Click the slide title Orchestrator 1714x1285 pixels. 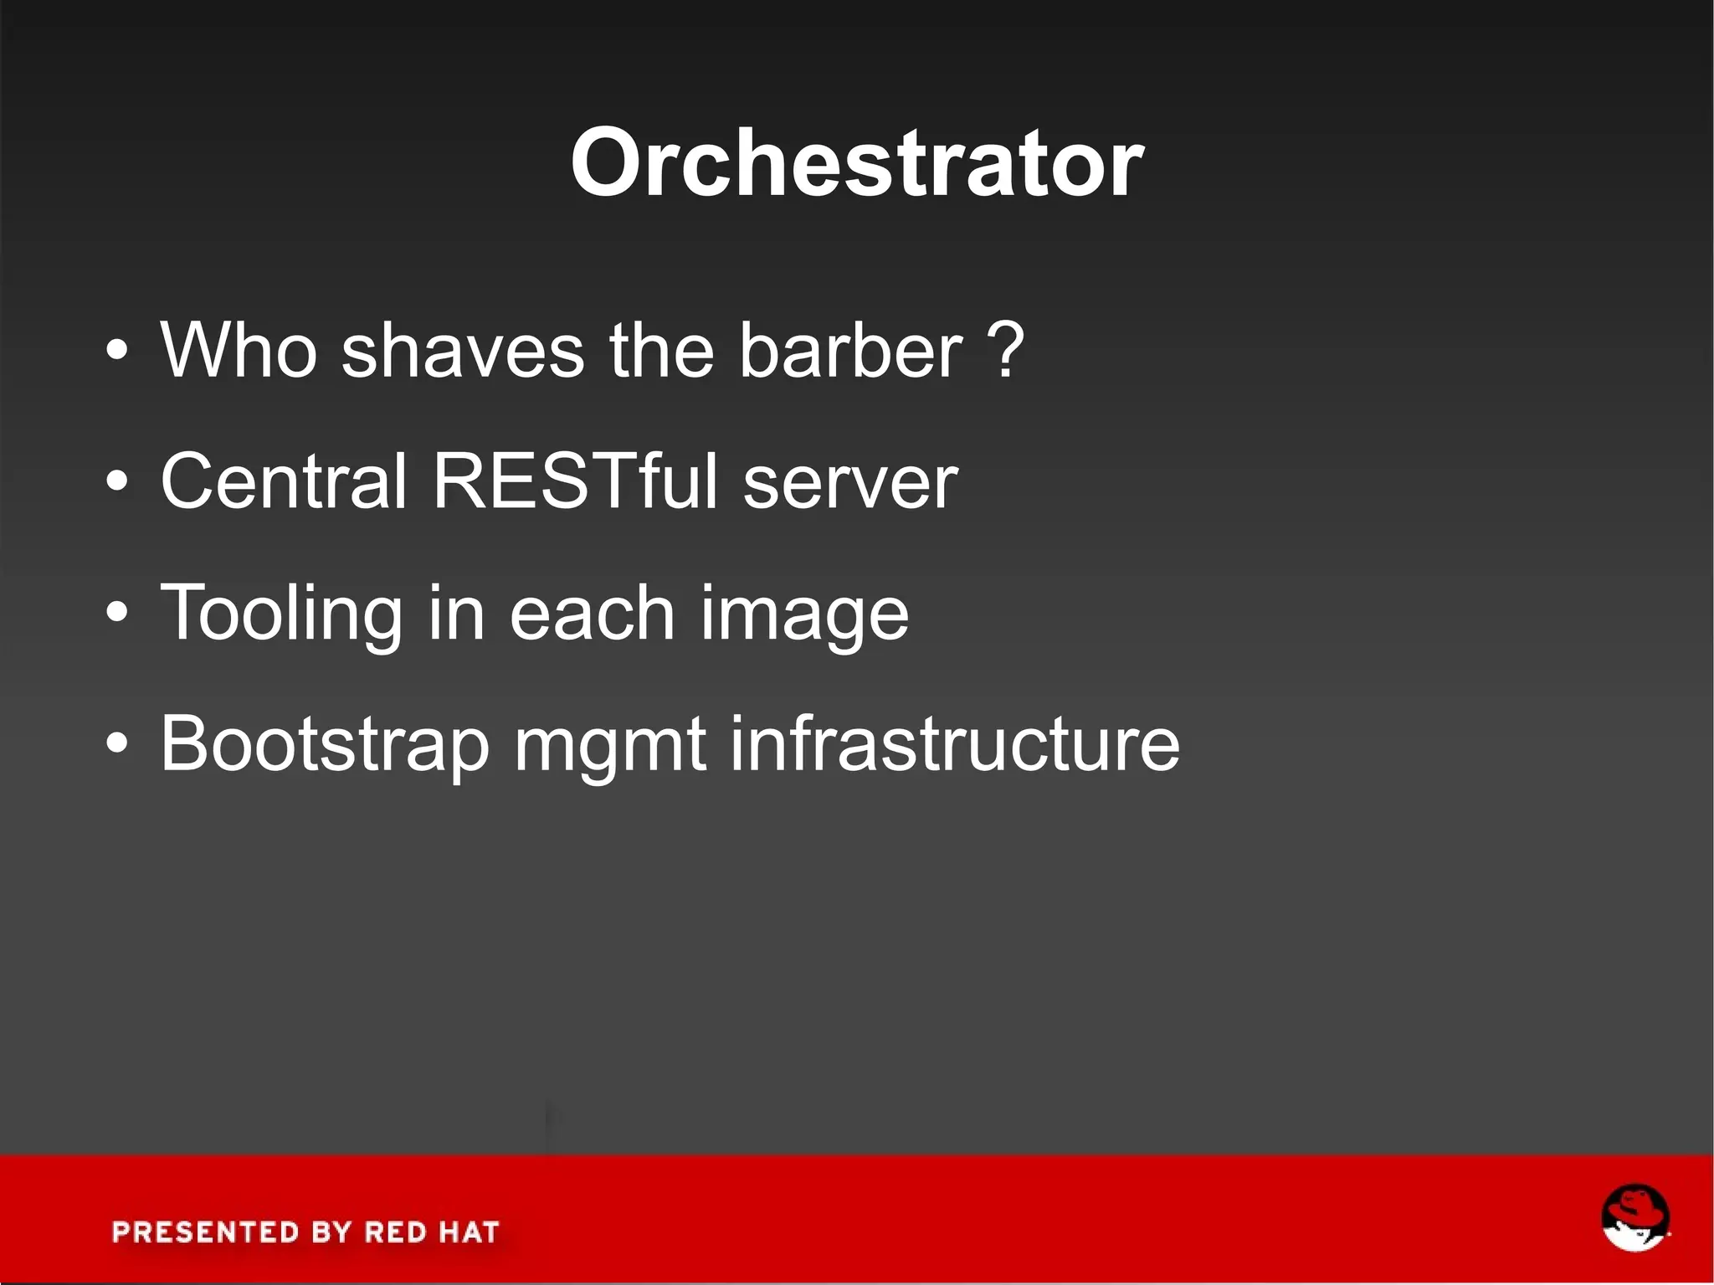tap(856, 163)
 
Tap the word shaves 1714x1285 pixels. tap(462, 350)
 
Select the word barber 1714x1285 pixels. tap(850, 350)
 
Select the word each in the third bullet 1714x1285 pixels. tap(591, 613)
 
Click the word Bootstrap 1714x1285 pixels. tap(325, 745)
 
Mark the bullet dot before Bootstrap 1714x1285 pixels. tap(118, 743)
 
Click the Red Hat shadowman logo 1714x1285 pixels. tap(1634, 1219)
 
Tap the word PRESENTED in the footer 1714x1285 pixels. tap(206, 1232)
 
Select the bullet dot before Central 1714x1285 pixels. tap(118, 482)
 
